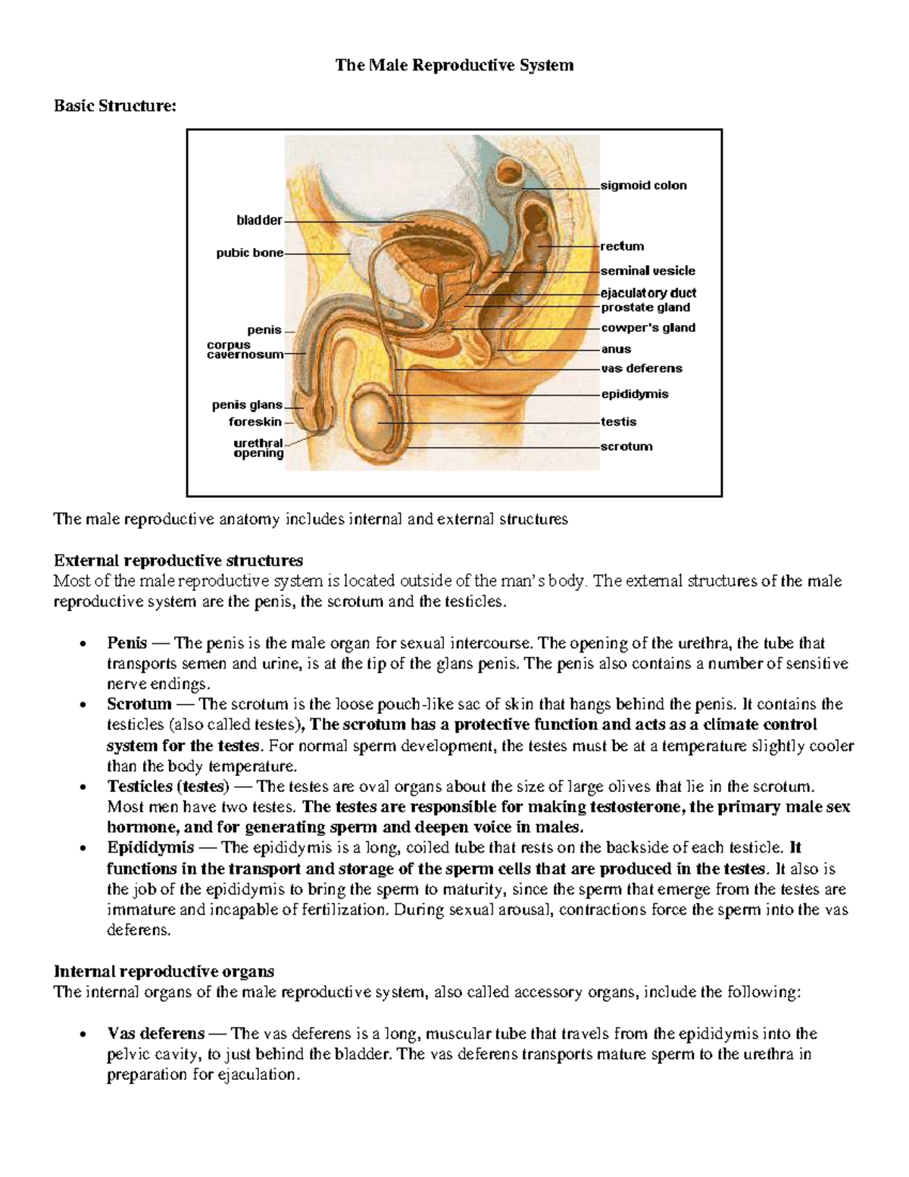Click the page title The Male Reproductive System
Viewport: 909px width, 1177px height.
click(x=454, y=65)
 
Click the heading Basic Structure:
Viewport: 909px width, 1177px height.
click(x=114, y=106)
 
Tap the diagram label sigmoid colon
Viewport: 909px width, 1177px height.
click(x=643, y=186)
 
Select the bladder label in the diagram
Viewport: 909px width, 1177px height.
click(x=259, y=221)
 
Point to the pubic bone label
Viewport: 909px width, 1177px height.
click(x=250, y=253)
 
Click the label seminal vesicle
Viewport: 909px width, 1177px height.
click(x=648, y=271)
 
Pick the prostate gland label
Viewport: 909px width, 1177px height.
click(x=645, y=308)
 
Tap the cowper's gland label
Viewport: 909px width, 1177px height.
click(x=648, y=328)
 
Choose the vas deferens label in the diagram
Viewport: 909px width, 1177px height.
click(x=642, y=368)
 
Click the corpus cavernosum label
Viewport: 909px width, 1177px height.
click(x=245, y=349)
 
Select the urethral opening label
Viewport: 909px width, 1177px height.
click(x=258, y=448)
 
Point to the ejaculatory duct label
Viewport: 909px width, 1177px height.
click(x=648, y=293)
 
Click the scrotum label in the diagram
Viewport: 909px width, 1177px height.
click(x=626, y=446)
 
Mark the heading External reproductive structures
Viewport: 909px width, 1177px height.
click(x=178, y=561)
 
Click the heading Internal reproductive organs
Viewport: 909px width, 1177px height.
click(x=164, y=972)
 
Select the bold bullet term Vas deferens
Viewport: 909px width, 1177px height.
click(x=156, y=1034)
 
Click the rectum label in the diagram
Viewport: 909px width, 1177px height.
click(x=622, y=246)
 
